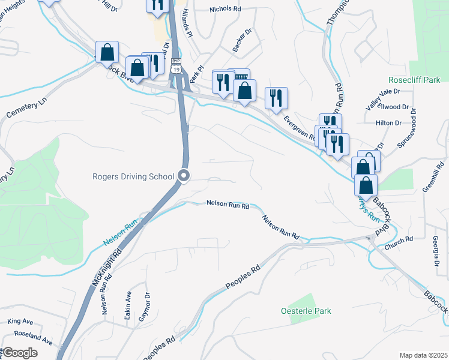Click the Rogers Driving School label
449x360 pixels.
pyautogui.click(x=133, y=176)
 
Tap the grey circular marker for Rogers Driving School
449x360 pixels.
pyautogui.click(x=184, y=176)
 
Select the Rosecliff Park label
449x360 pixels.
pyautogui.click(x=414, y=80)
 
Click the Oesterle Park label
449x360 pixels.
pyautogui.click(x=306, y=311)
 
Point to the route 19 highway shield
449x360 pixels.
pyautogui.click(x=176, y=65)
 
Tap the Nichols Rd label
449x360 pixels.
pyautogui.click(x=224, y=10)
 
